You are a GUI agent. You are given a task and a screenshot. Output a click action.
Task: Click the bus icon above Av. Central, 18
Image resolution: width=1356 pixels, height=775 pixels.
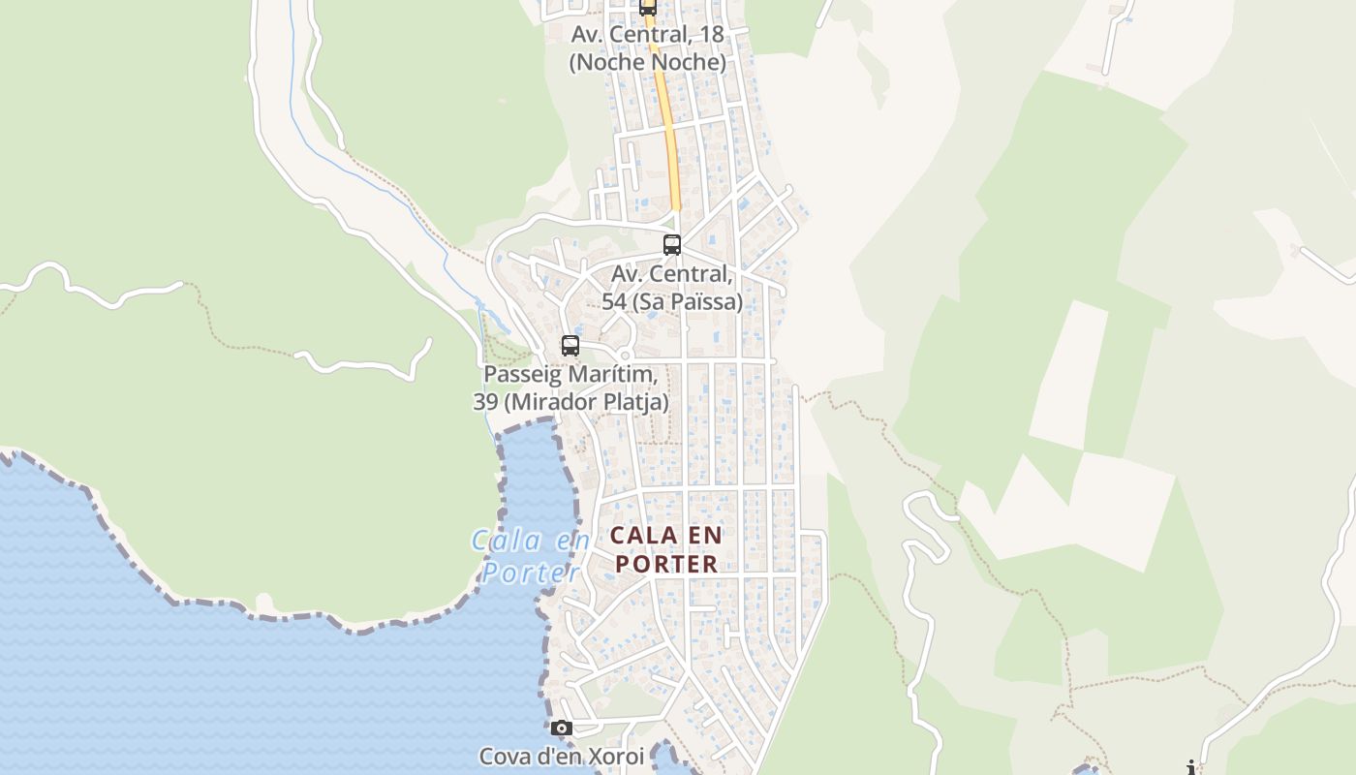pos(647,8)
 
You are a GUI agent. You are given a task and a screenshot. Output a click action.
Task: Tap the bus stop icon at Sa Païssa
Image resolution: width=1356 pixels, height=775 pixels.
pos(671,245)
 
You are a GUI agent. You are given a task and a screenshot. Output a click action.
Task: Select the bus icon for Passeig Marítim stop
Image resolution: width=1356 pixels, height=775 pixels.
pos(570,346)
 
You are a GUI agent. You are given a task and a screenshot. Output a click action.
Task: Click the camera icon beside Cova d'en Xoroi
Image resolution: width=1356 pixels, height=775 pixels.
pos(561,728)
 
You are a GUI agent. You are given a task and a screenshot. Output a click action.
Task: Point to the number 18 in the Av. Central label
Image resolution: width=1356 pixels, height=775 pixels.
pos(711,34)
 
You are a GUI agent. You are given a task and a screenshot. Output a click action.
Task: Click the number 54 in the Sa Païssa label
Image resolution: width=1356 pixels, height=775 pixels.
pos(614,302)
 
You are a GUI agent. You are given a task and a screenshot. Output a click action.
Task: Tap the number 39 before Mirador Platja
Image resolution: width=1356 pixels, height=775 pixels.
pos(485,401)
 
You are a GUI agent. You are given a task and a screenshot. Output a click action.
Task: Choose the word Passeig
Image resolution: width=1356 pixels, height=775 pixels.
pos(520,374)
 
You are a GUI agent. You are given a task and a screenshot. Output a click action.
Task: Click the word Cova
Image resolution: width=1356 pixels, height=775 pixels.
pos(505,756)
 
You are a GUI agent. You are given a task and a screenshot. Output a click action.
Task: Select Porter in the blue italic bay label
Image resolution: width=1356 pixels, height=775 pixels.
pos(531,573)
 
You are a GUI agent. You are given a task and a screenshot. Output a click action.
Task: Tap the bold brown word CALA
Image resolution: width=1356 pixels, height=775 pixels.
pos(641,535)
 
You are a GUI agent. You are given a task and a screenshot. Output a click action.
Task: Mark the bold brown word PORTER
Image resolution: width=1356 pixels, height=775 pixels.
pos(666,564)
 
